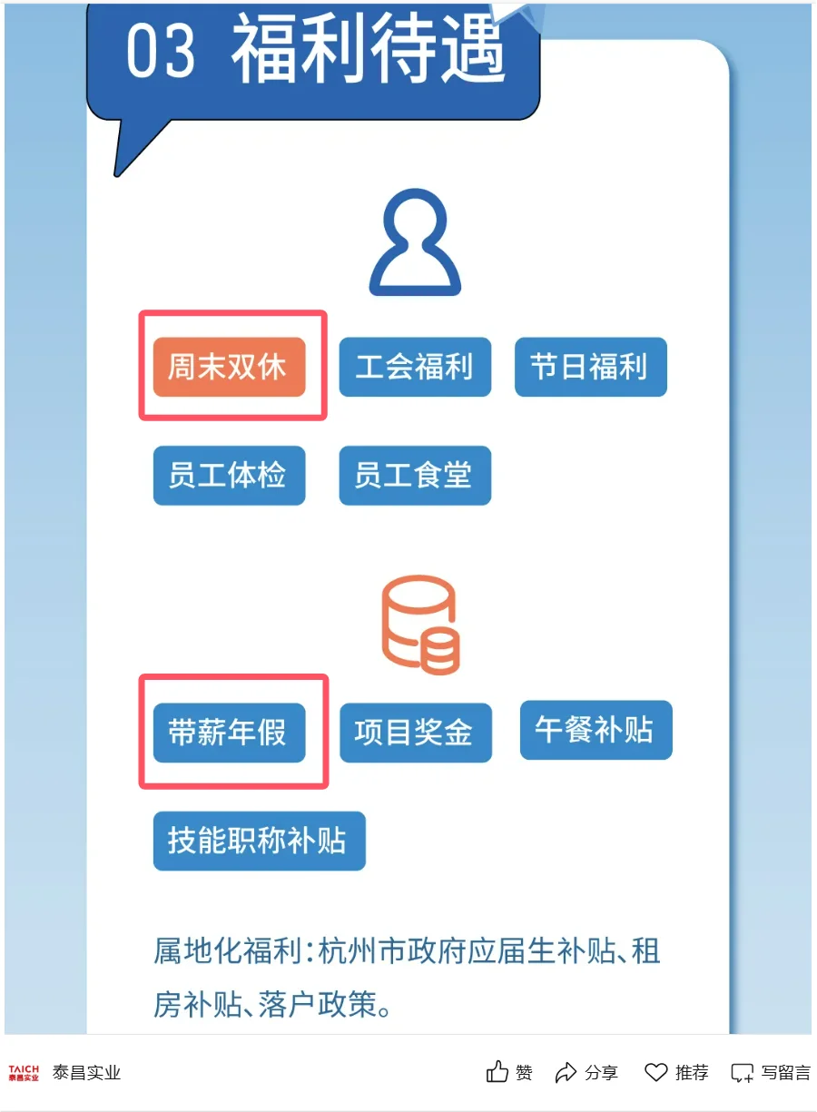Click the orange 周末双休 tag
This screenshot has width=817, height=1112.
click(x=229, y=368)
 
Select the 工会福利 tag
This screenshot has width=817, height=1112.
click(x=415, y=368)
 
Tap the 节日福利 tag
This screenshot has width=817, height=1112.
click(x=590, y=367)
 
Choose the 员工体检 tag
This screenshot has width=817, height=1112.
click(x=229, y=476)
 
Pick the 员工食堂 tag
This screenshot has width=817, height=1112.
click(x=415, y=476)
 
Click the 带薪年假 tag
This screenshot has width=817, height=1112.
click(x=229, y=733)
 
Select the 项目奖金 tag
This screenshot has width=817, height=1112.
click(x=415, y=733)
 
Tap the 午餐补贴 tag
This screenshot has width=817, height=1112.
click(x=596, y=730)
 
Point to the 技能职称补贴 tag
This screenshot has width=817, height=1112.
click(x=259, y=841)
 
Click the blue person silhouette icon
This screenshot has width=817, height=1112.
click(x=415, y=241)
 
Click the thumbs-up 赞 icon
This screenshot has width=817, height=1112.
click(x=497, y=1072)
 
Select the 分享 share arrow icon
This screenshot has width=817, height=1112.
click(x=566, y=1072)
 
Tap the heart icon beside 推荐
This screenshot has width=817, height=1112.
click(x=655, y=1072)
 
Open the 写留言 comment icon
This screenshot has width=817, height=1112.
click(x=743, y=1072)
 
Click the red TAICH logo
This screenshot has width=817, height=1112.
click(x=24, y=1073)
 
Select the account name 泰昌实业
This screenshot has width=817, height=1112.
click(x=86, y=1073)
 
